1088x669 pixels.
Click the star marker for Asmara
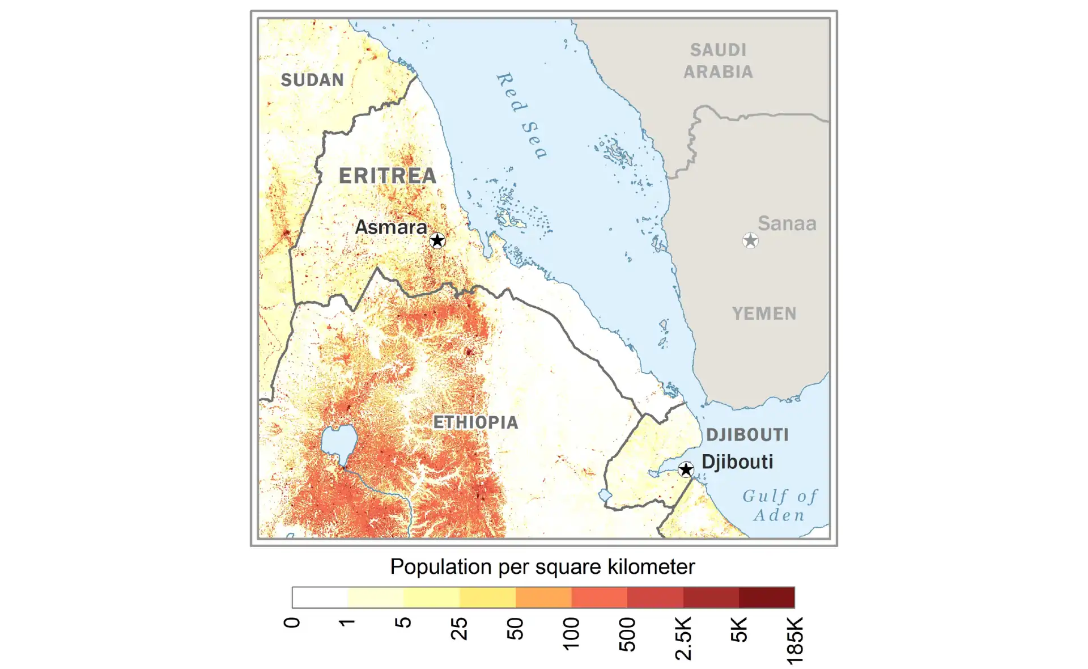click(437, 240)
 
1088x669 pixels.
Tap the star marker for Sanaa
click(750, 240)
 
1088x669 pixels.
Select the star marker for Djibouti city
click(686, 469)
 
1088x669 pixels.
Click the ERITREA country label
click(388, 176)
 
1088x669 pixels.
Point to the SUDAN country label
click(312, 80)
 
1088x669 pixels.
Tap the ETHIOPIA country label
click(475, 422)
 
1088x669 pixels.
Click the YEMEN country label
click(764, 314)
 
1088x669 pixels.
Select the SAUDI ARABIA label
click(718, 61)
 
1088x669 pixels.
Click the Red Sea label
click(521, 115)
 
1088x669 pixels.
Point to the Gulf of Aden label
click(780, 505)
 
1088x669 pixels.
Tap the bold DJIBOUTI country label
click(747, 435)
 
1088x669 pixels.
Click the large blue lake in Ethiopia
click(339, 443)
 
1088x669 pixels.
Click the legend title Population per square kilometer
click(542, 567)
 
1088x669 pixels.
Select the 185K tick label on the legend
click(794, 640)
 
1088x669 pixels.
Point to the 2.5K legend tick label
click(683, 638)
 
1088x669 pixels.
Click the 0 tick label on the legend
click(291, 623)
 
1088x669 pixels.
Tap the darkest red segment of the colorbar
click(767, 598)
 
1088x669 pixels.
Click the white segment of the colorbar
click(320, 598)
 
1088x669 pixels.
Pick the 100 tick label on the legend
click(571, 633)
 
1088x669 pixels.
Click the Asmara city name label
click(390, 227)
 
